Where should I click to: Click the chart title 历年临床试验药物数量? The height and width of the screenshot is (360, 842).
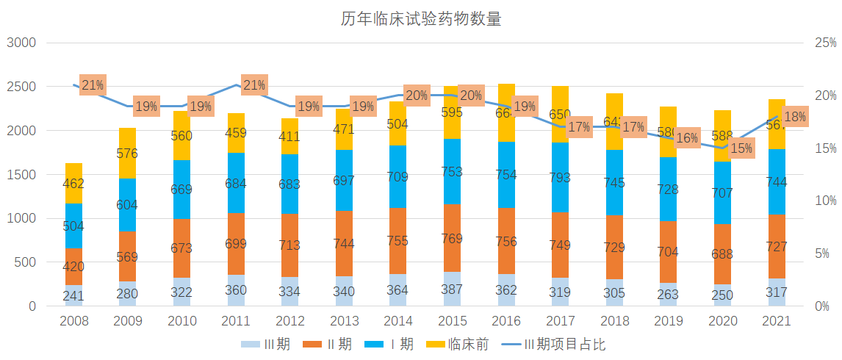tap(420, 19)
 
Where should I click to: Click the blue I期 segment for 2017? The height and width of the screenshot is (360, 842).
tap(561, 177)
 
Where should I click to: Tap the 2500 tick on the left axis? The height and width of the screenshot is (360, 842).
tap(21, 87)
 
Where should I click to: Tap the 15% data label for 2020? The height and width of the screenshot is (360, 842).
tap(741, 148)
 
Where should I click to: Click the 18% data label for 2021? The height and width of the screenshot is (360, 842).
tap(794, 117)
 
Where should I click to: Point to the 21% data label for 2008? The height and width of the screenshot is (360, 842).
tap(93, 85)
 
